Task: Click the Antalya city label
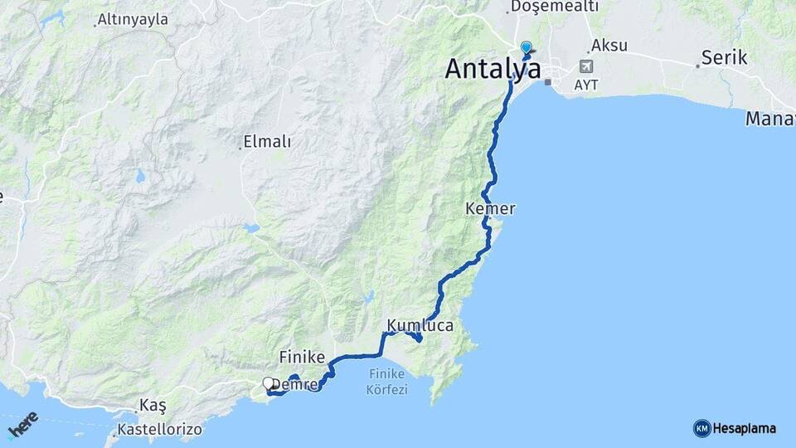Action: [x=493, y=69]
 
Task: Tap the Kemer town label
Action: [x=491, y=209]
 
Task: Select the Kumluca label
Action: [x=420, y=326]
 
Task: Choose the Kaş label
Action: [x=153, y=406]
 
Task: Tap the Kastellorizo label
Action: [x=159, y=431]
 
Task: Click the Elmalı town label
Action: [x=268, y=142]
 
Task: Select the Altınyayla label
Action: [x=133, y=19]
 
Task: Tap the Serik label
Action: [x=724, y=58]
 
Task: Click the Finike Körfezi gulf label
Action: [x=386, y=382]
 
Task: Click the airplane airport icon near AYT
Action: [x=587, y=66]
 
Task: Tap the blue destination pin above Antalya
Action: [x=526, y=48]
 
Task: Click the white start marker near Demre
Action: [x=268, y=383]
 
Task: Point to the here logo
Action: [x=23, y=425]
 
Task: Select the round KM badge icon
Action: [x=701, y=429]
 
